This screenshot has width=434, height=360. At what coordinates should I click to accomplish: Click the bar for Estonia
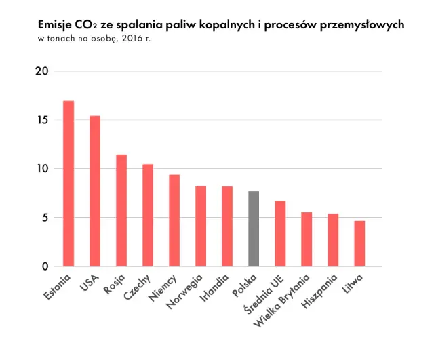point(68,184)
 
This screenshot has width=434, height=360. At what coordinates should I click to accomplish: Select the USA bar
point(95,191)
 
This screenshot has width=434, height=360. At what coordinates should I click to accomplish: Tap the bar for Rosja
point(121,211)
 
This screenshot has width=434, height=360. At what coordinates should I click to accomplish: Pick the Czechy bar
point(148,216)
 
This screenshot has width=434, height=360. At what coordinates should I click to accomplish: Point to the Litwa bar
point(359,243)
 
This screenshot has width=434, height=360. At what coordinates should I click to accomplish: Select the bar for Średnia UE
point(280,234)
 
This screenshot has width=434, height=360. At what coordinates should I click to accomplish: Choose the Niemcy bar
point(174,221)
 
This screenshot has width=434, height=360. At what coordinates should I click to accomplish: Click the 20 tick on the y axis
point(42,71)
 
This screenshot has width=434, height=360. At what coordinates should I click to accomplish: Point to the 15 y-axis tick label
point(42,120)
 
